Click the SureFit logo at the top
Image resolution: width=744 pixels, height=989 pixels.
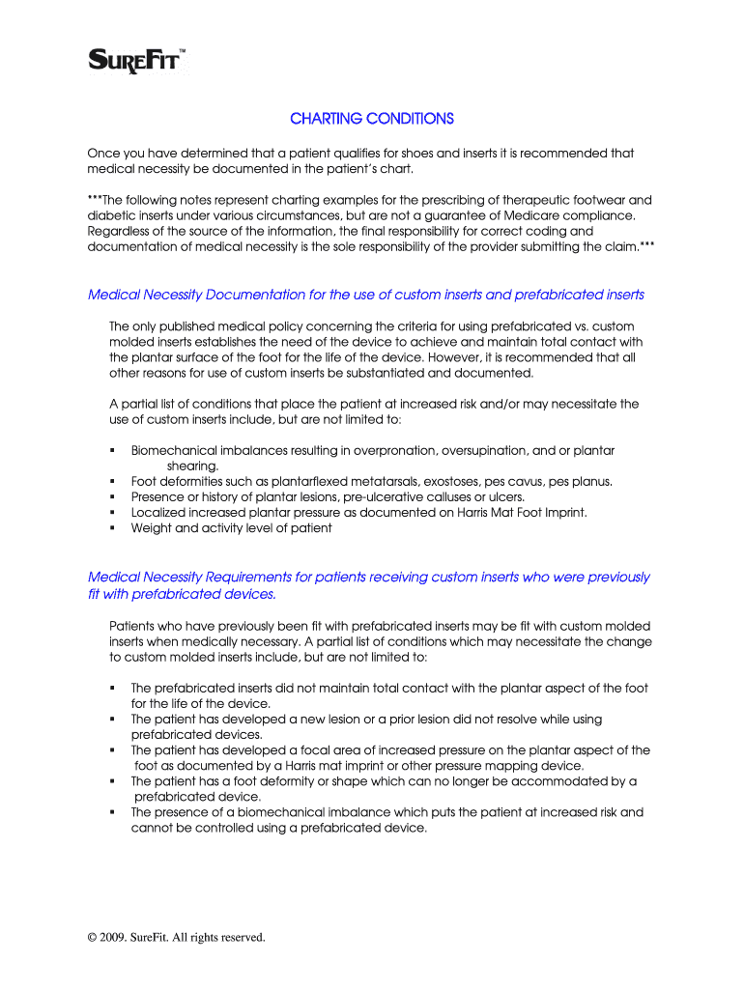pos(137,61)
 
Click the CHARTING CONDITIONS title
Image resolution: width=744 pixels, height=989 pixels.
pos(372,119)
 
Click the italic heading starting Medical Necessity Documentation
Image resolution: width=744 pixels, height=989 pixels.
pos(366,295)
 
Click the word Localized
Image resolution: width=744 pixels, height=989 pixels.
pos(157,513)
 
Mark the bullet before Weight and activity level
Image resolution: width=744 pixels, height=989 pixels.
pos(113,528)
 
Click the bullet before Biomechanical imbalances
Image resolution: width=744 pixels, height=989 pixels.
pos(113,451)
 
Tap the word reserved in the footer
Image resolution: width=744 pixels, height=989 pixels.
pos(240,937)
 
